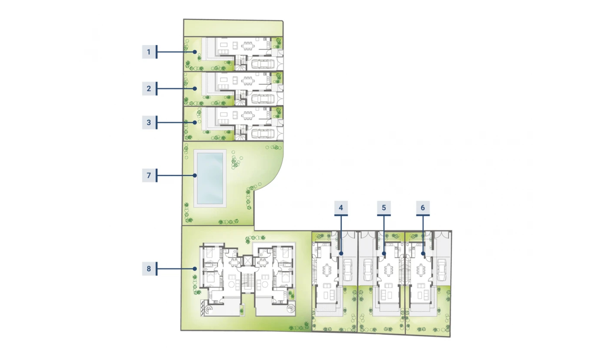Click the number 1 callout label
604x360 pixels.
(x=149, y=52)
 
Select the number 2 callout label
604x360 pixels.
(x=149, y=88)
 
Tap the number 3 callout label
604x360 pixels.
(x=149, y=122)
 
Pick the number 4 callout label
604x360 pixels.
(x=341, y=208)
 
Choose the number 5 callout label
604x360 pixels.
(x=384, y=208)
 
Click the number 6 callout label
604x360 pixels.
(x=423, y=208)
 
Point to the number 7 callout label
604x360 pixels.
(x=149, y=175)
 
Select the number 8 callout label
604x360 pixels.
(x=149, y=269)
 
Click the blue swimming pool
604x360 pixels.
(x=210, y=178)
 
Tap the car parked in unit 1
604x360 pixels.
(x=263, y=64)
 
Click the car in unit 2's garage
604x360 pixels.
(x=263, y=99)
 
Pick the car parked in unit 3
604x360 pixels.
(x=263, y=133)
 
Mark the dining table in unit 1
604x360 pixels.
(x=248, y=46)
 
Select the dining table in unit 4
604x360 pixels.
(x=327, y=270)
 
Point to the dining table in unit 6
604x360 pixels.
(x=421, y=270)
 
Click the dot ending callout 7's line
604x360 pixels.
(x=195, y=175)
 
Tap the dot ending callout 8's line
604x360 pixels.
(x=195, y=269)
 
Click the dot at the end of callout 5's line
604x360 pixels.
(x=384, y=254)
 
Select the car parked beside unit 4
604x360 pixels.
(x=347, y=270)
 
